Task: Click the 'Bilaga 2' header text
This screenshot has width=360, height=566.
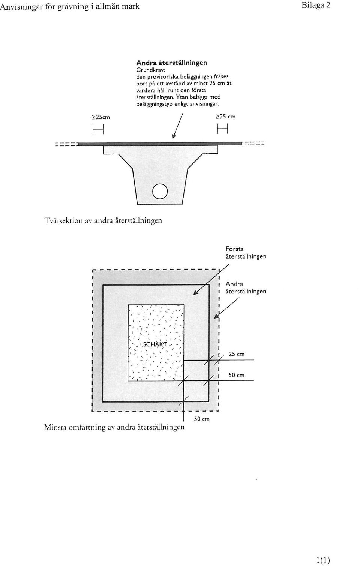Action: point(316,6)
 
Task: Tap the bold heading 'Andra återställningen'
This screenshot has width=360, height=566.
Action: point(172,63)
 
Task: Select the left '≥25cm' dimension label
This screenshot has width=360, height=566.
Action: point(100,117)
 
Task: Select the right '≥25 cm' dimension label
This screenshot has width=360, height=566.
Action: point(225,117)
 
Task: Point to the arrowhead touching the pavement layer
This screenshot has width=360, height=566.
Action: point(173,136)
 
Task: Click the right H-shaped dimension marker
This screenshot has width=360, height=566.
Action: point(223,129)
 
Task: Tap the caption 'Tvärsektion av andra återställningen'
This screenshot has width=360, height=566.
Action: point(103,220)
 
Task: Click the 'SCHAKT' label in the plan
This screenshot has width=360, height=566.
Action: point(155,344)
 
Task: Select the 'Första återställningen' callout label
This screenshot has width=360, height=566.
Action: point(246,253)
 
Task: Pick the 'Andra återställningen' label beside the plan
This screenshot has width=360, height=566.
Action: point(246,288)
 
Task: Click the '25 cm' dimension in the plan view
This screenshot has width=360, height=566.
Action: point(237,354)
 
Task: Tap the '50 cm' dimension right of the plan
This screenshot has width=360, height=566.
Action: point(237,375)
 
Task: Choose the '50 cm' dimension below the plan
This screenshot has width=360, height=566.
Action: point(202,419)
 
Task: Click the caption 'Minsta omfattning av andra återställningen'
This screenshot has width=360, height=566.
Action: point(114,427)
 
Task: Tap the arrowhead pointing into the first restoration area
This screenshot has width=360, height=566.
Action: point(195,293)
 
